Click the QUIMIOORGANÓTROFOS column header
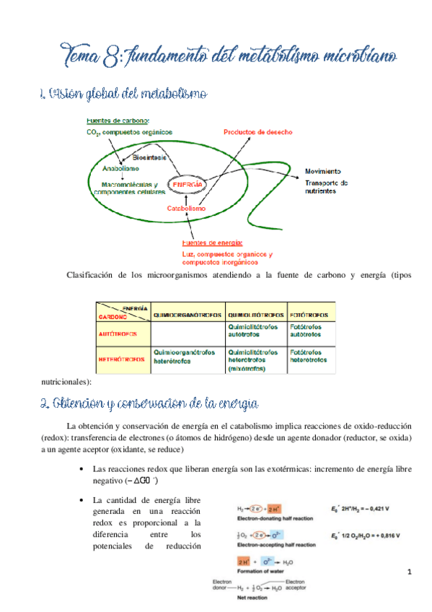click(188, 315)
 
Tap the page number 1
click(409, 572)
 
